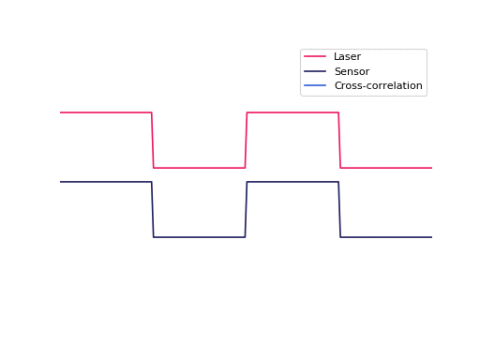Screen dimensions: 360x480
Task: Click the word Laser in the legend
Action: pos(347,57)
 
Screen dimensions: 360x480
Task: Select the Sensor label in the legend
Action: pos(352,71)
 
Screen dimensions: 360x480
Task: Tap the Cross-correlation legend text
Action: pos(378,86)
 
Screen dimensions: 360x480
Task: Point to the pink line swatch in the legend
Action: pos(315,57)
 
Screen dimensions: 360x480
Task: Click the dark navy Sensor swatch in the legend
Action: pos(315,71)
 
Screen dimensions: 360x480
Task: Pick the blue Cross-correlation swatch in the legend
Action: pos(315,86)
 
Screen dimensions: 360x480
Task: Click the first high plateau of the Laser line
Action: pos(106,112)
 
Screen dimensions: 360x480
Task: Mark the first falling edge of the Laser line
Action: pos(153,141)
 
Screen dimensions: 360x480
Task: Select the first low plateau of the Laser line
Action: pos(199,168)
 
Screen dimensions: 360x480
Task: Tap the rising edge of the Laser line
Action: pos(246,141)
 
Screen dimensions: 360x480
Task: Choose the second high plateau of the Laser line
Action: pos(292,112)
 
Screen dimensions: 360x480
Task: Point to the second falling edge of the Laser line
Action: pos(339,141)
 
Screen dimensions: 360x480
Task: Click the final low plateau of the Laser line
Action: pos(386,168)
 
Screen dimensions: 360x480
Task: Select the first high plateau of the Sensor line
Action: pos(106,182)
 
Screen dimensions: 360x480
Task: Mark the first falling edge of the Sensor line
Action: pos(153,210)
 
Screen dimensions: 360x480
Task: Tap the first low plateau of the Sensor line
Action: pos(199,237)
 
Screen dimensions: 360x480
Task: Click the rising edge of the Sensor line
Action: pos(246,210)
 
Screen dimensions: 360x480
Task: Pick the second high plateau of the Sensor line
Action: pos(292,182)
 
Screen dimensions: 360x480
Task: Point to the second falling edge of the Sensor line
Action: pos(339,210)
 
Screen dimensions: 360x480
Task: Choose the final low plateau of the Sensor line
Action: pos(386,237)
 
